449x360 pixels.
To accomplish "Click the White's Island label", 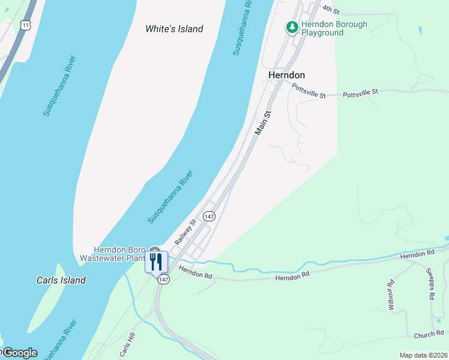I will (x=175, y=29).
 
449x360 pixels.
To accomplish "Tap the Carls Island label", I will (x=61, y=280).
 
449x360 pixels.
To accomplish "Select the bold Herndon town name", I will (x=286, y=75).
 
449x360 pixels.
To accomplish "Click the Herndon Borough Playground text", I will (x=334, y=29).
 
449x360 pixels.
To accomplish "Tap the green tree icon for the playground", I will (x=292, y=28).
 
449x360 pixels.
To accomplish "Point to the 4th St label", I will (x=331, y=10).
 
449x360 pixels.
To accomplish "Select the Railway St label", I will (x=186, y=232).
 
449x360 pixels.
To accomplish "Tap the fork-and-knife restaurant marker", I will (x=156, y=261).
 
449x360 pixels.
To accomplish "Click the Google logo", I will (x=19, y=353).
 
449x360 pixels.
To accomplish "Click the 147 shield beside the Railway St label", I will (x=209, y=216).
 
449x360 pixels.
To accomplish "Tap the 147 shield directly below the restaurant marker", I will (x=163, y=280).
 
